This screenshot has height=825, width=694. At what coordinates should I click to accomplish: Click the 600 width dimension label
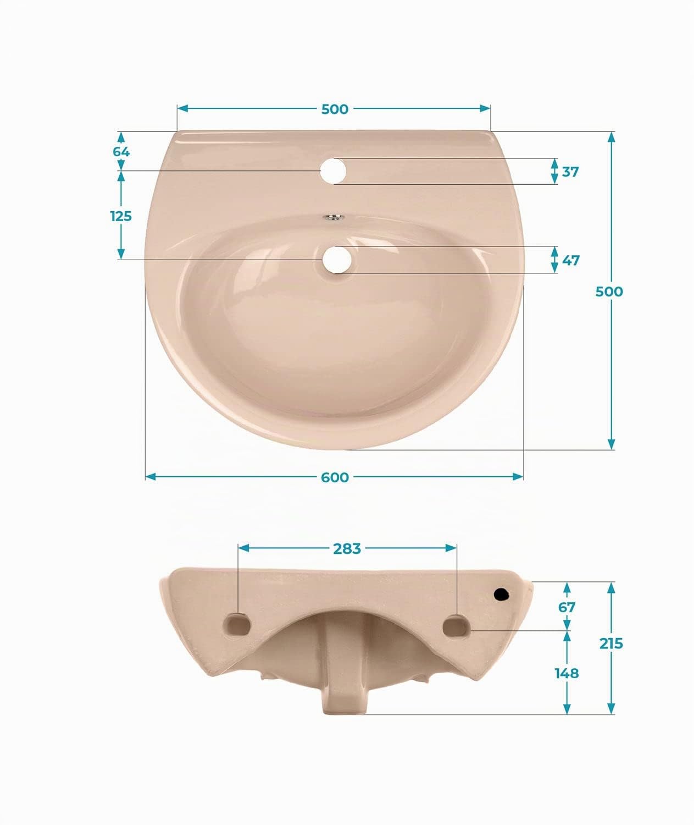(x=335, y=477)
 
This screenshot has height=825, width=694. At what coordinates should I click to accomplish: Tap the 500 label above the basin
(x=335, y=109)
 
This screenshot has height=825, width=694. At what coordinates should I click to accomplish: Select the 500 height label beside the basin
(x=609, y=291)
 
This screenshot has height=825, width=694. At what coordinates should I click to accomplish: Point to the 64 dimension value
(x=121, y=152)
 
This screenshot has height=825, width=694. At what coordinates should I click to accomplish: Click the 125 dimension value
(x=121, y=216)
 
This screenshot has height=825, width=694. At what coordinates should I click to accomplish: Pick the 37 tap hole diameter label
(x=570, y=172)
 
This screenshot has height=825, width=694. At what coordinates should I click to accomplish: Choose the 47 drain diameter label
(x=571, y=260)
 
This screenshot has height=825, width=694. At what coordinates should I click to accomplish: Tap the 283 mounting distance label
(x=347, y=549)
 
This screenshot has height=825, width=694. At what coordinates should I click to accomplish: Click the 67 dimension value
(x=567, y=607)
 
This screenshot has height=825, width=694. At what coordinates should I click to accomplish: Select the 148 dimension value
(x=567, y=673)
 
